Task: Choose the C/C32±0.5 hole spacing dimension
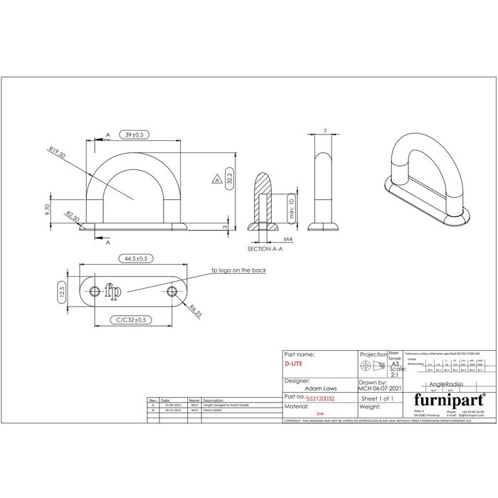(133, 319)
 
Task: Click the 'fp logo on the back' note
(245, 270)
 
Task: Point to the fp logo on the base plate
(112, 290)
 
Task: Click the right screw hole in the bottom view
(171, 292)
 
